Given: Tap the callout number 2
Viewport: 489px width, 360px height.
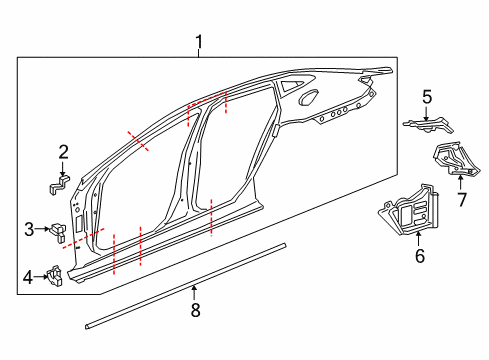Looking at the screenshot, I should (63, 152).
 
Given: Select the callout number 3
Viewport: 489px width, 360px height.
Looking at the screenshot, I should (30, 229).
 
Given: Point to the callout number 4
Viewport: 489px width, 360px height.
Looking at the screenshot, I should (30, 277).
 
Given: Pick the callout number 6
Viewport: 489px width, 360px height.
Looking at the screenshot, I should (419, 257).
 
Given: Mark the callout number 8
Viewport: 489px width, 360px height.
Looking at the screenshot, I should (195, 310).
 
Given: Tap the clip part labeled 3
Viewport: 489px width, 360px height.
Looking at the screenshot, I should (60, 230).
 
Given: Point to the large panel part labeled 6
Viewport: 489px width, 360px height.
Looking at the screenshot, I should (411, 214).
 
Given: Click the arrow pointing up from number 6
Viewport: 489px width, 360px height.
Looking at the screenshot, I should (419, 240).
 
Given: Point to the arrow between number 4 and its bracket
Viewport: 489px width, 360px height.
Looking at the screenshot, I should (42, 277).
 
